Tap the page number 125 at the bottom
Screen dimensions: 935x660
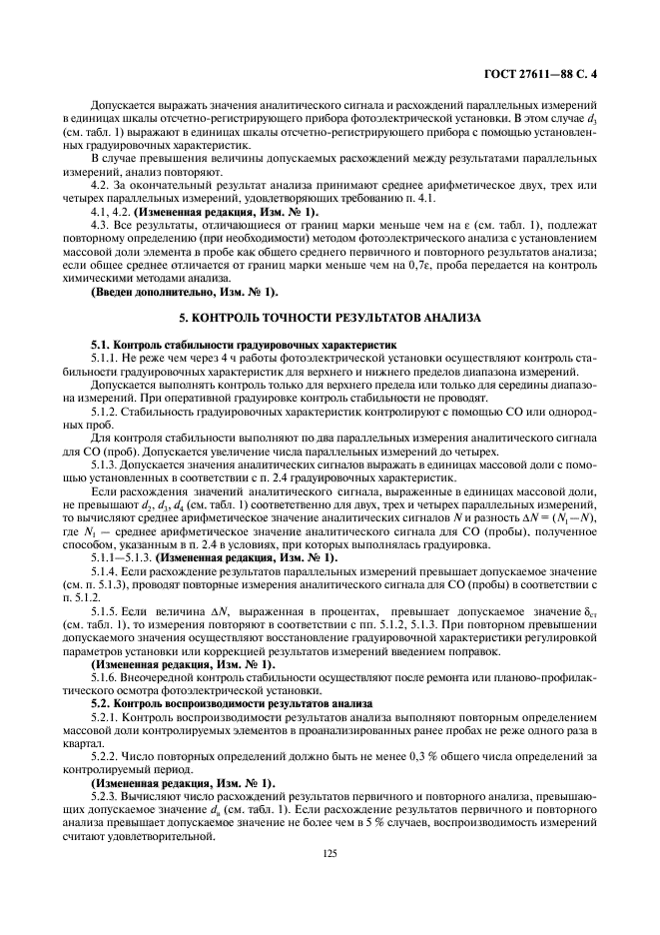tap(330, 853)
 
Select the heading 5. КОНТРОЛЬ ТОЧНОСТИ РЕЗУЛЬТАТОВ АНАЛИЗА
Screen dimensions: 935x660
tap(330, 317)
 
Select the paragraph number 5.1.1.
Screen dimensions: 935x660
tap(105, 357)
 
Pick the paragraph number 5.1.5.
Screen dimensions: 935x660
tap(105, 608)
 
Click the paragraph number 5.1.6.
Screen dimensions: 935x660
tap(105, 677)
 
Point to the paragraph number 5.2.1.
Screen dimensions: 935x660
tap(105, 717)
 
